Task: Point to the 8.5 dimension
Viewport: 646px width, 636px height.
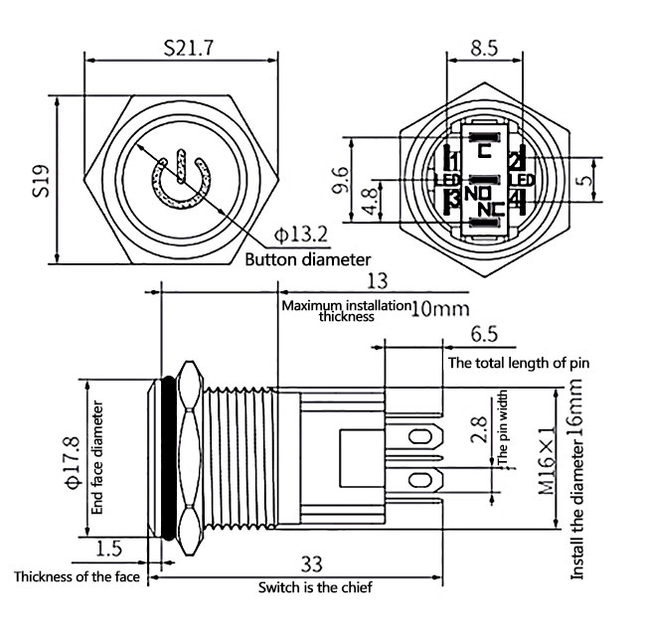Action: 484,47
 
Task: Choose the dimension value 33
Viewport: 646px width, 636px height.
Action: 311,564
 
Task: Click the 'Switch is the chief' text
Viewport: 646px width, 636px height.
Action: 315,587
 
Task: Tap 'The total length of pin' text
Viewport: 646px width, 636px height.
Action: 519,362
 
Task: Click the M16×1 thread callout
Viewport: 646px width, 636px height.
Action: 547,461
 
